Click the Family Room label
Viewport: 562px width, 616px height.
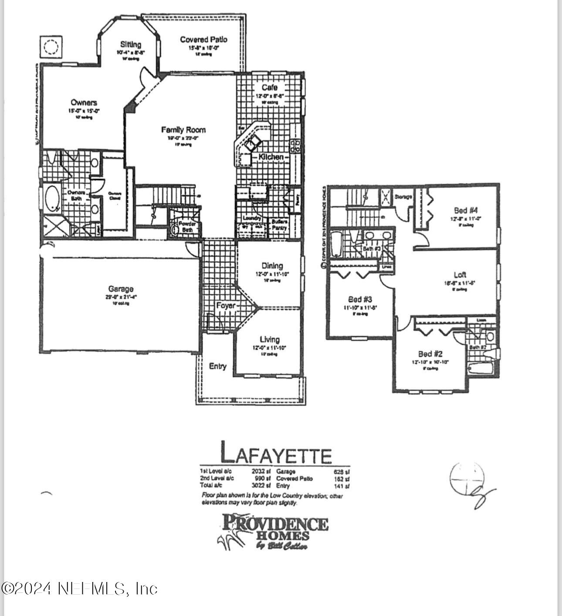[183, 130]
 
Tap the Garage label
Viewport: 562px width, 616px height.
[121, 289]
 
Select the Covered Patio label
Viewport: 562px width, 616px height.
[203, 40]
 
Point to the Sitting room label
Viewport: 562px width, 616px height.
[131, 44]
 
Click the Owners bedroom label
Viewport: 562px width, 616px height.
[84, 103]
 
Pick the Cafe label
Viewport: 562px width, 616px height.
[269, 88]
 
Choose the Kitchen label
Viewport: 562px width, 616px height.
[271, 157]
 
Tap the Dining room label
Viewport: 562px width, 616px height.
[272, 265]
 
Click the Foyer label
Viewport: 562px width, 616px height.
[225, 306]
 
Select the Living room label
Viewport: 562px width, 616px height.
[270, 339]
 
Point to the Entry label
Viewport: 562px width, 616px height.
[217, 366]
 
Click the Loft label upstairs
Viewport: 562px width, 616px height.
[460, 275]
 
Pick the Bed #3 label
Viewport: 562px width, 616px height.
[360, 299]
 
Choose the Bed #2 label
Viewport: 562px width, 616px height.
[430, 354]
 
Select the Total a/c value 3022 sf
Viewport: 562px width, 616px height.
[261, 485]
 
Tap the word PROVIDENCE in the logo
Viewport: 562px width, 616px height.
[275, 522]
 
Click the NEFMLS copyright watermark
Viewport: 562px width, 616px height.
[79, 589]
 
